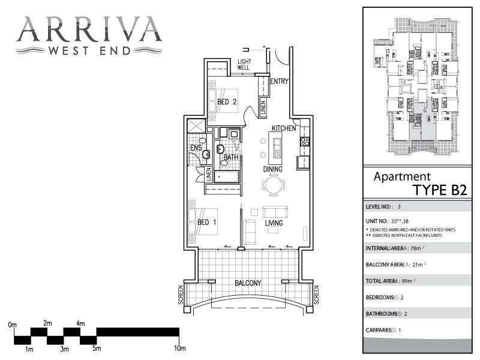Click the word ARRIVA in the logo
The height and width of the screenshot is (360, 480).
[x=89, y=28]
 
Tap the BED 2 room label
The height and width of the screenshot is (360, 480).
[x=227, y=101]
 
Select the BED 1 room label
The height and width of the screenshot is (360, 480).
[x=207, y=223]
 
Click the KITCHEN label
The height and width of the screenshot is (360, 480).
[x=283, y=128]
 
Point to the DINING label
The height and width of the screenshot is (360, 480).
[x=273, y=169]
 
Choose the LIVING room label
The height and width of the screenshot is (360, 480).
[x=274, y=223]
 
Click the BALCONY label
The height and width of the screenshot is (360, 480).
[x=248, y=283]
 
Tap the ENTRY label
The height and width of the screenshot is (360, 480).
[x=280, y=82]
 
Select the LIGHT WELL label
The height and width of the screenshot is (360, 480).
[x=244, y=65]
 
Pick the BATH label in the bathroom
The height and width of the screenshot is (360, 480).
[x=231, y=157]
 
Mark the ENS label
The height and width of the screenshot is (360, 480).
[x=196, y=148]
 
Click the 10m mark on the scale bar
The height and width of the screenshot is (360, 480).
[x=179, y=348]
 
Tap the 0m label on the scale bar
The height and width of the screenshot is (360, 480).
[x=13, y=324]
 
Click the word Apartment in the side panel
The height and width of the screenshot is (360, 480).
[x=402, y=176]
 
